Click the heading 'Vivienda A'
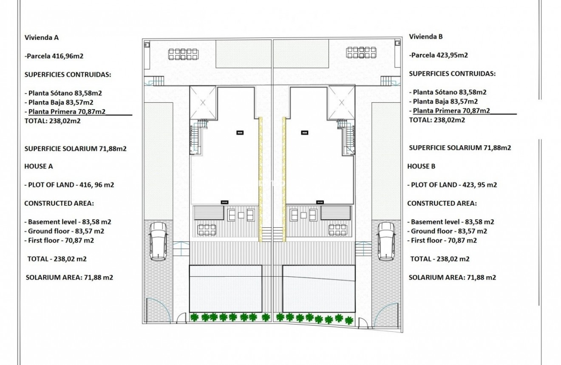41,37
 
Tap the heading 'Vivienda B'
426,37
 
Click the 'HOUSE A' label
38,167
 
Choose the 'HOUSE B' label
421,167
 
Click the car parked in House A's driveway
158,241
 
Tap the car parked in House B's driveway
386,241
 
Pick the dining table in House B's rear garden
360,52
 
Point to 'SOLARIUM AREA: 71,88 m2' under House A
69,277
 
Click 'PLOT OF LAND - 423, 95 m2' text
452,185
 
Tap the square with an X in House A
202,102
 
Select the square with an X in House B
341,102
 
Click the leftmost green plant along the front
195,317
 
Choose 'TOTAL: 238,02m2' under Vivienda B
437,120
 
